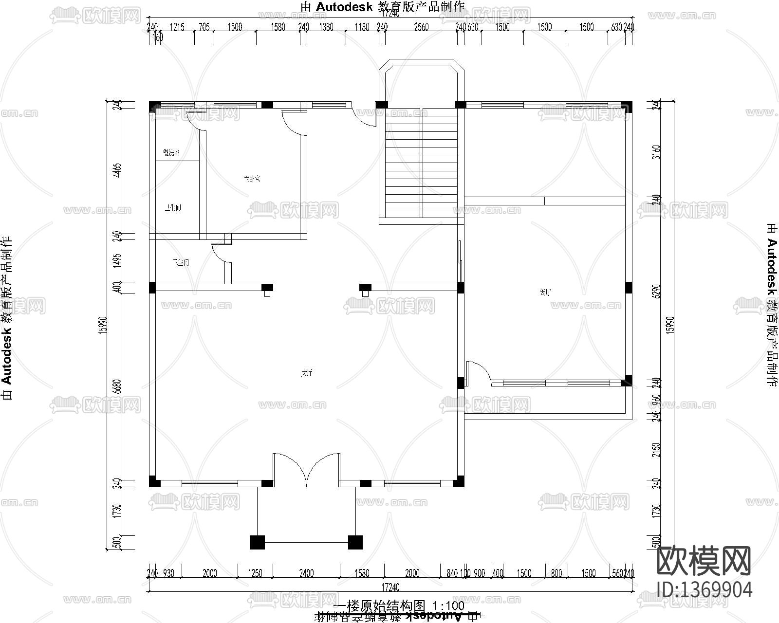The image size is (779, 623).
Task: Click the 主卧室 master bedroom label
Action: pyautogui.click(x=252, y=179)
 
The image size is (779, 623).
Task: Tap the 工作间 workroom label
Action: pyautogui.click(x=173, y=208)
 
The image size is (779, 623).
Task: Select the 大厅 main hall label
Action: pyautogui.click(x=306, y=373)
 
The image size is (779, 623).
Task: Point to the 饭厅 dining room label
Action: pyautogui.click(x=545, y=293)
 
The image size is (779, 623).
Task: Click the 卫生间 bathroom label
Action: pyautogui.click(x=181, y=263)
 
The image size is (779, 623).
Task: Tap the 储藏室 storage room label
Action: pyautogui.click(x=171, y=153)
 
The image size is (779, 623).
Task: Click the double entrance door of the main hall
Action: pyautogui.click(x=306, y=470)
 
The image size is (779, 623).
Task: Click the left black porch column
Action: pyautogui.click(x=258, y=542)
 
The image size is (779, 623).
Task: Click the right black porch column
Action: pyautogui.click(x=355, y=542)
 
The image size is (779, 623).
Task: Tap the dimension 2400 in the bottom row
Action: pyautogui.click(x=306, y=573)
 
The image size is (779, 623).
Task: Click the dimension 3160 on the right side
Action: pyautogui.click(x=658, y=152)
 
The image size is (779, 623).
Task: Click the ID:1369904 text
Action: pyautogui.click(x=704, y=589)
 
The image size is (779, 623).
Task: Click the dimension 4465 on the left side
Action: pyautogui.click(x=116, y=170)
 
